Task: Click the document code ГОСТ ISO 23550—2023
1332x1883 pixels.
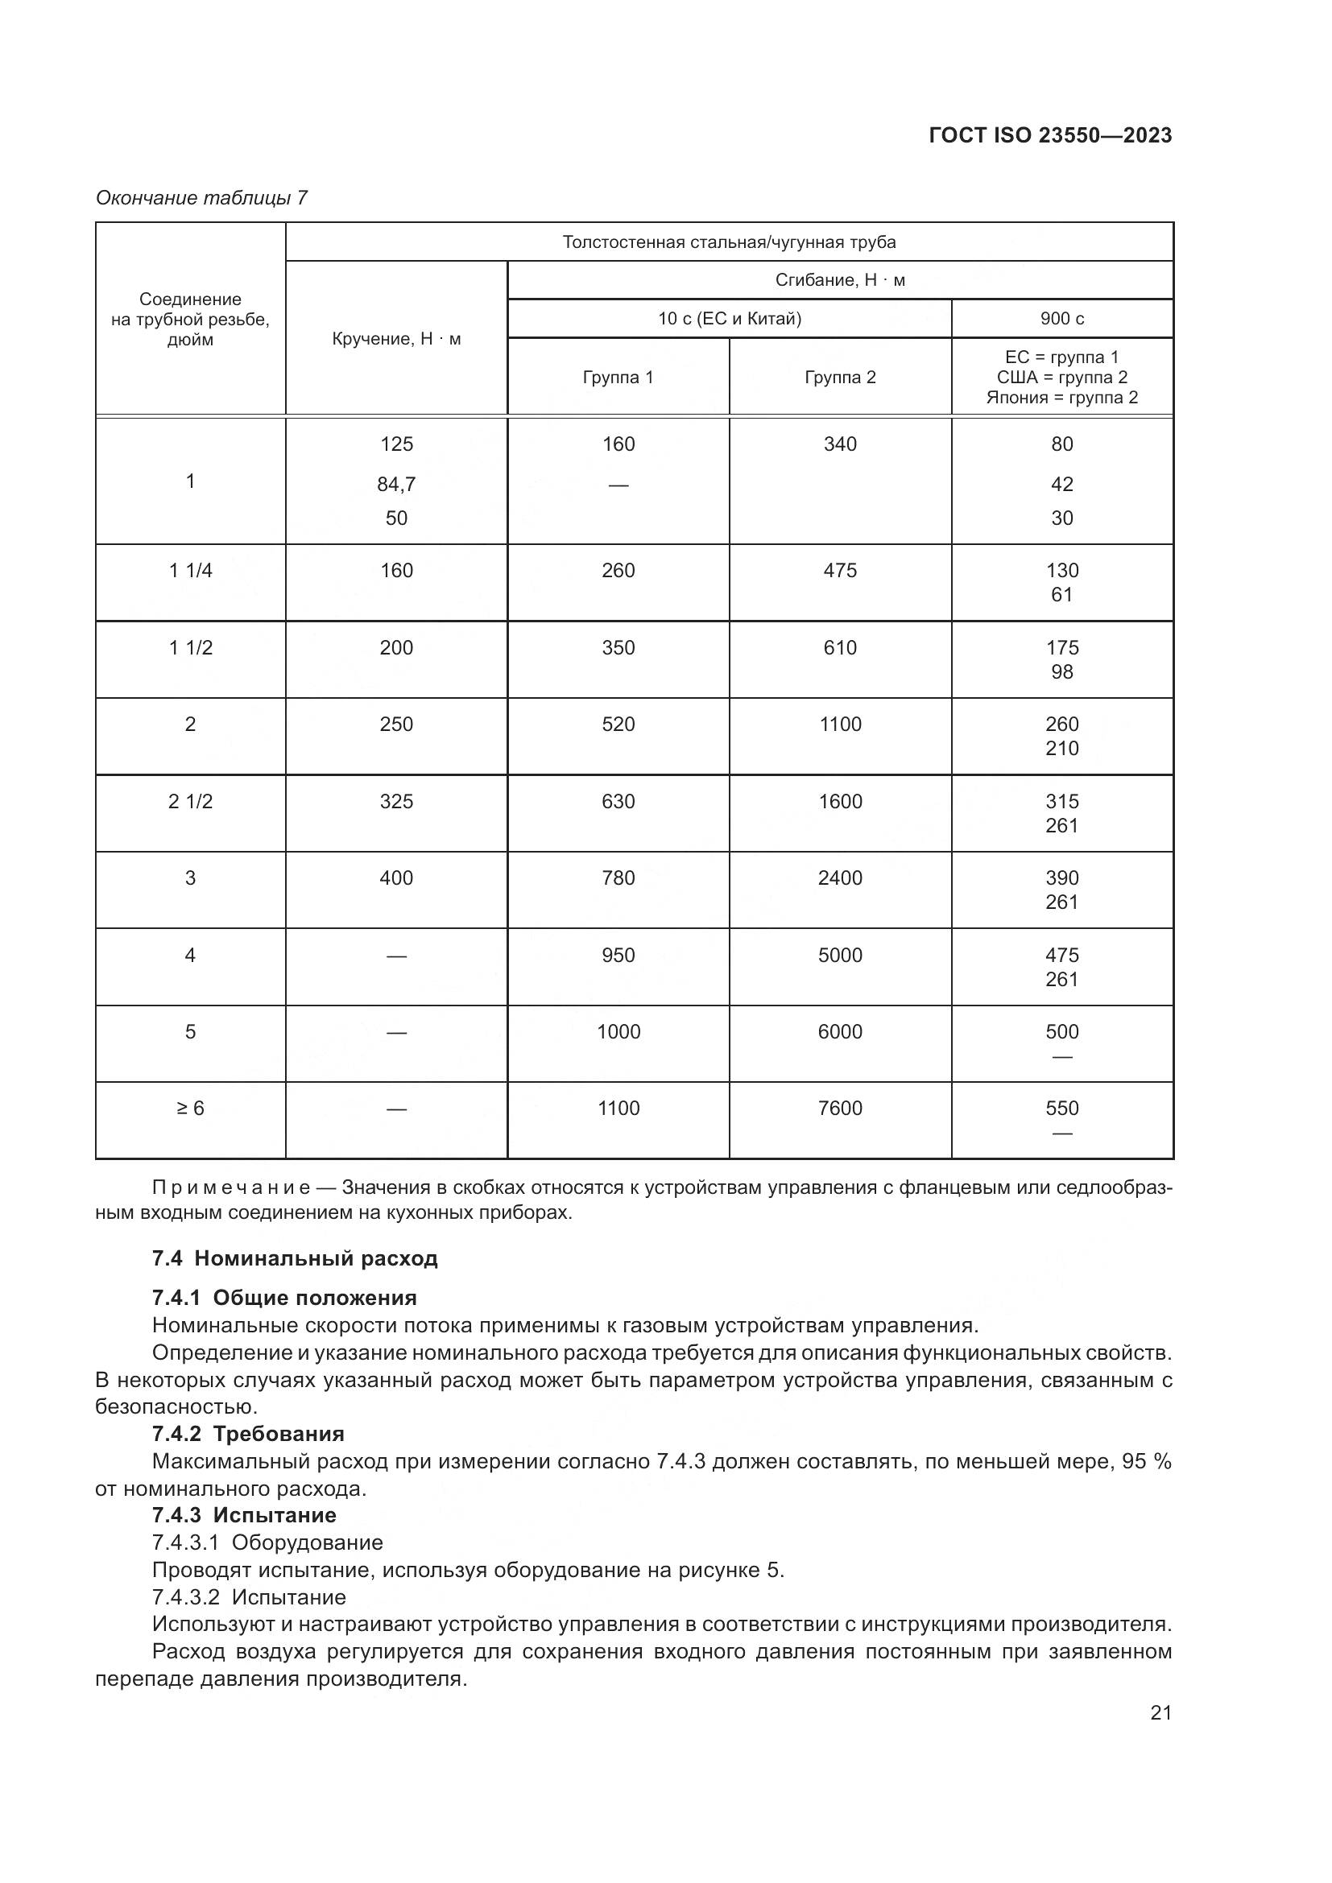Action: coord(1050,136)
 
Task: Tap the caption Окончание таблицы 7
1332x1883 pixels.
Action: coord(201,198)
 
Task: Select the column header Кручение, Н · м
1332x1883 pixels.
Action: coord(396,339)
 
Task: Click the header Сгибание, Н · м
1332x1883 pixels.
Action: coord(840,280)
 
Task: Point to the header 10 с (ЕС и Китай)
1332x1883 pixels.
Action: coord(729,318)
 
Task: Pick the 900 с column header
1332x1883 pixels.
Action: coord(1061,318)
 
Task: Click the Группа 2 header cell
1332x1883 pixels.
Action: coord(840,378)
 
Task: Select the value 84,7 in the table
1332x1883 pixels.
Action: coord(396,485)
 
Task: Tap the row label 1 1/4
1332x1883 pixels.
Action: coord(190,571)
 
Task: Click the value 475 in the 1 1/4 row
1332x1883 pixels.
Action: coord(840,571)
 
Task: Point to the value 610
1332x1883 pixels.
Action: coord(840,648)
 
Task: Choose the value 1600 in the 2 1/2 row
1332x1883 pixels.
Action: coord(840,801)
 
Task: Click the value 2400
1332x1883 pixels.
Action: coord(840,878)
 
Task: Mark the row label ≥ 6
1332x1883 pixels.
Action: coord(190,1109)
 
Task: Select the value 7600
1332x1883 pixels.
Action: coord(840,1109)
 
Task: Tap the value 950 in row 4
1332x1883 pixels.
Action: coord(618,956)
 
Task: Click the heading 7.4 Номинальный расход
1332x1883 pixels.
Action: coord(295,1258)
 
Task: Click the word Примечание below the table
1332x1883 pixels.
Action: coord(230,1187)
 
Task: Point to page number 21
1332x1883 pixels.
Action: coord(1160,1712)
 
